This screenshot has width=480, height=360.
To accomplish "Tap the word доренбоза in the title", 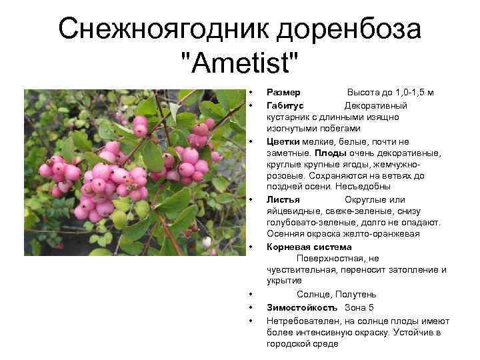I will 347,29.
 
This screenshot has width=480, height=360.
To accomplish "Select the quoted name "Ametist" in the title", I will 239,65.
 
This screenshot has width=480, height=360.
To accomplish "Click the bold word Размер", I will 283,92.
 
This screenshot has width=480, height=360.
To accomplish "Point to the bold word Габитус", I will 285,105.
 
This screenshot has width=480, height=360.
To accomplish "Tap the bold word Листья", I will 283,199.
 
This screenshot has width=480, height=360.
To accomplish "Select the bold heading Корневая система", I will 309,247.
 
